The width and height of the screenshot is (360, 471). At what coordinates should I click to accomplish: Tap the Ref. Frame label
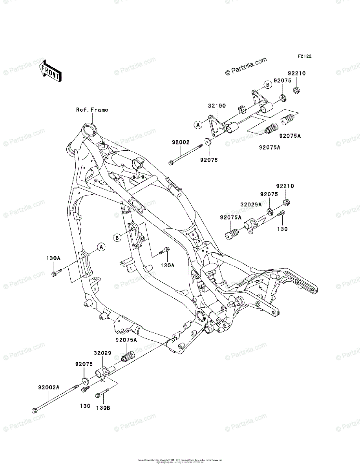click(x=92, y=110)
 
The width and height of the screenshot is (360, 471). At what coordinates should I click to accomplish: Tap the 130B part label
click(x=103, y=408)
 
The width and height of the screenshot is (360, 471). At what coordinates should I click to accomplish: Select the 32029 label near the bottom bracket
click(x=102, y=353)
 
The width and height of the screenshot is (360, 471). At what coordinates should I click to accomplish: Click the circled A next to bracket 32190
click(x=199, y=125)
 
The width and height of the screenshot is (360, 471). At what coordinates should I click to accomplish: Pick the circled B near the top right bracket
click(x=267, y=84)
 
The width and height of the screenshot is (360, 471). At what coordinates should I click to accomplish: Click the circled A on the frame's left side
click(x=101, y=247)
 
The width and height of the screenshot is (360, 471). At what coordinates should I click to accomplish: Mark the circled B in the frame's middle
click(x=117, y=237)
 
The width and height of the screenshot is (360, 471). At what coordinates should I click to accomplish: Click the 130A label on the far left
click(x=53, y=258)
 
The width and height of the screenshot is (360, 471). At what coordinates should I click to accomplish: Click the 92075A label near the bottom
click(x=126, y=340)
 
